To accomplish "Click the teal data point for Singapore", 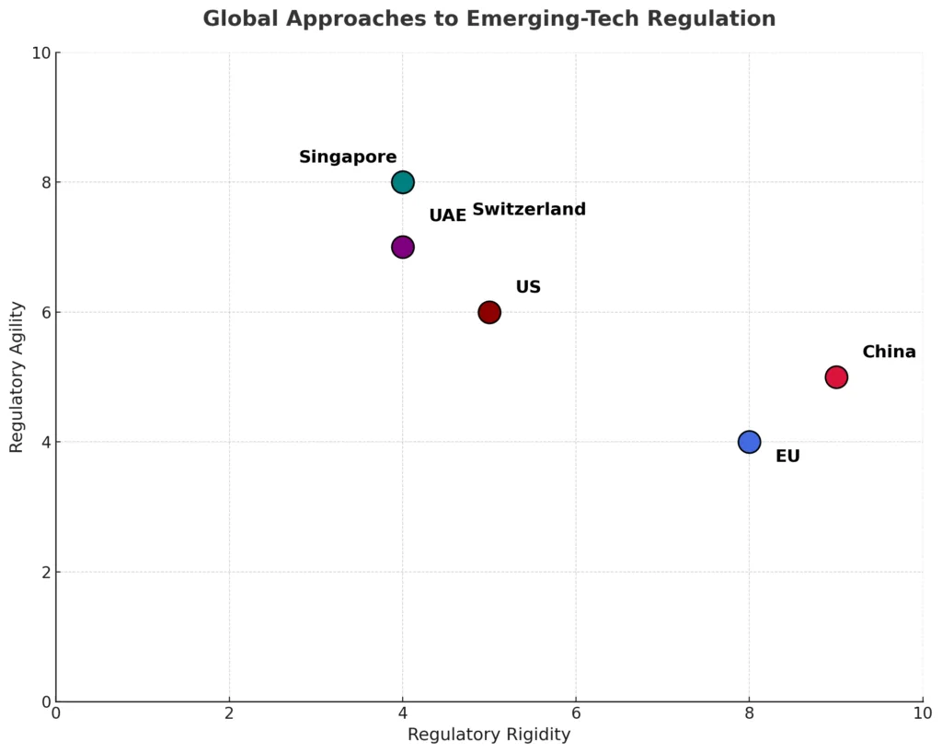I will coord(402,181).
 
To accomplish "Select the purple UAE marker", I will coord(402,247).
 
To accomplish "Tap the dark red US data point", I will coord(489,312).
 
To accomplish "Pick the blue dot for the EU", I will coord(749,442).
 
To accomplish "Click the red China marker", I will coord(836,376).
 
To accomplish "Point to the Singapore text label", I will coord(348,157).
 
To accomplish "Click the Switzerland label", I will coord(529,210).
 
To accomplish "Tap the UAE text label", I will coord(448,215).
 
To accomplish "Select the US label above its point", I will coord(528,287).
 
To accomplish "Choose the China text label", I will coord(889,353).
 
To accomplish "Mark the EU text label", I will coord(787,457).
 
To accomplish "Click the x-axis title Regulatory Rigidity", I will coord(488,735).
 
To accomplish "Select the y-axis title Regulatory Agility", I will coord(17,376).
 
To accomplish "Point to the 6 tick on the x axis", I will coord(576,713).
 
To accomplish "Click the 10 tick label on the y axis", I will coord(39,52).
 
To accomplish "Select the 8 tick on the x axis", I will coord(749,713).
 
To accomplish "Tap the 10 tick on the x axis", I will coord(922,713).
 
